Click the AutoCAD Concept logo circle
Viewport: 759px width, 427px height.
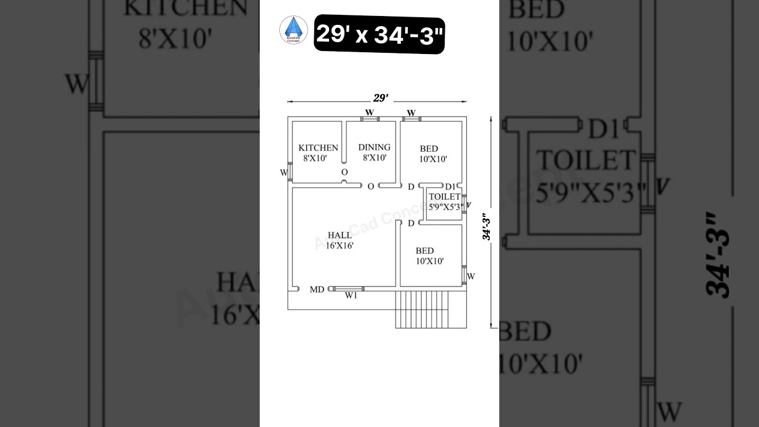coord(294,30)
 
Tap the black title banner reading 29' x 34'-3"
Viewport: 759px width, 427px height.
coord(379,34)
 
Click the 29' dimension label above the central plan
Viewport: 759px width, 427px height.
coord(380,98)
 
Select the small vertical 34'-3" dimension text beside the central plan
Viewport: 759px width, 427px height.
coord(487,227)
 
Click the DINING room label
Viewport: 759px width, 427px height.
coord(374,147)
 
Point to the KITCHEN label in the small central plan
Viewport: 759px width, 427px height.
coord(318,148)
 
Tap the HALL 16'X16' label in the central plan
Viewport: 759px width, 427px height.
coord(339,240)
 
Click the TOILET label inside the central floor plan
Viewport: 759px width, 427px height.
coord(444,196)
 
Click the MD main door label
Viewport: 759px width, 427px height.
coord(317,290)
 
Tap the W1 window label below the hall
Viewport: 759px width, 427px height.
coord(351,297)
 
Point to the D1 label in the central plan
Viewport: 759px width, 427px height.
coord(450,187)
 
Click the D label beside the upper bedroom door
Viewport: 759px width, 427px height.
coord(411,187)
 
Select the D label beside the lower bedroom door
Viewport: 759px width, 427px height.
coord(411,223)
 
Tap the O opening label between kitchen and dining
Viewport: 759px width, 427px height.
coord(344,172)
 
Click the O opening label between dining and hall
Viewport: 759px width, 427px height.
coord(371,186)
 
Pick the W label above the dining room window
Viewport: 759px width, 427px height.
coord(369,112)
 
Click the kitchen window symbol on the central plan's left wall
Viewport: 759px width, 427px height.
coord(290,172)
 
